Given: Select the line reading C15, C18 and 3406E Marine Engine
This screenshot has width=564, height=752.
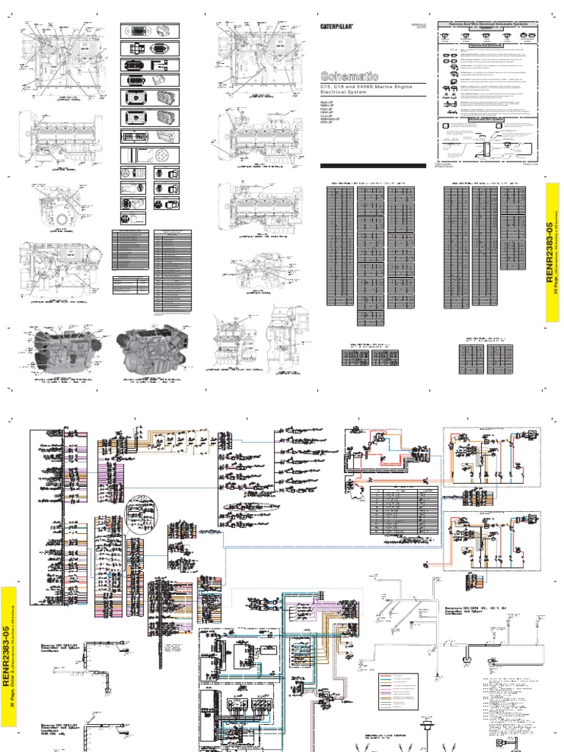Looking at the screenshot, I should [365, 87].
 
